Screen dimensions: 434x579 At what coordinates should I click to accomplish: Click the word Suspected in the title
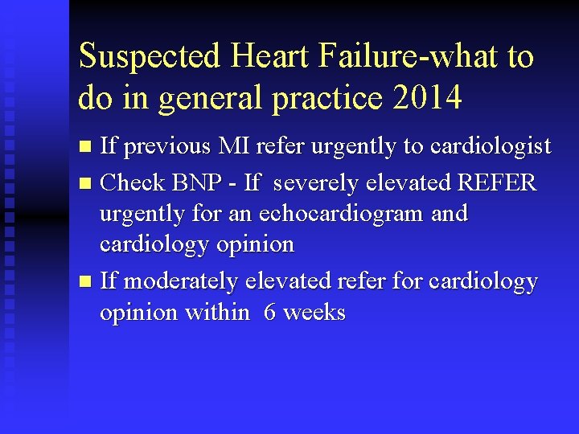(x=149, y=58)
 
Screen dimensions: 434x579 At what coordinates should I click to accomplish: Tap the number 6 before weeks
(x=270, y=313)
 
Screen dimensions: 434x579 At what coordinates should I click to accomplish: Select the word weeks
(x=314, y=313)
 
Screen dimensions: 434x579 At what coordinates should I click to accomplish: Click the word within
(x=217, y=313)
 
